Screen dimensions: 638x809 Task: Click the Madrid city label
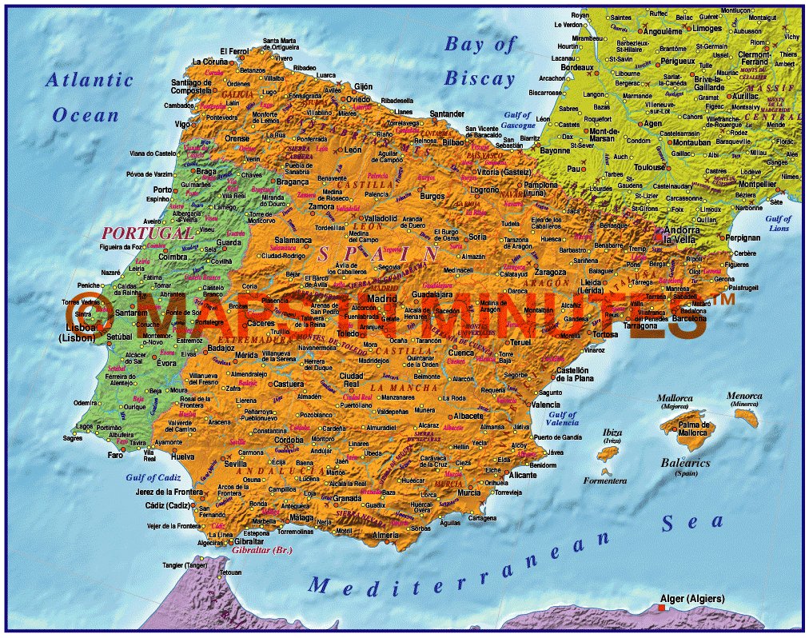(381, 298)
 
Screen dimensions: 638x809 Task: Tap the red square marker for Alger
(661, 609)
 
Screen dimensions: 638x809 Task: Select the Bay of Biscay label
(480, 61)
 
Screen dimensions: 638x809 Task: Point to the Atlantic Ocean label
(88, 97)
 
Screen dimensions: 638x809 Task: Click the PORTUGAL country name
(147, 233)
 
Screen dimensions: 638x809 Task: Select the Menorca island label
(744, 395)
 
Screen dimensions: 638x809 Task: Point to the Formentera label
(604, 480)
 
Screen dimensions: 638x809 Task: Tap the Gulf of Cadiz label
(154, 477)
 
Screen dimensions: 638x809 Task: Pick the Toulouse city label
(650, 168)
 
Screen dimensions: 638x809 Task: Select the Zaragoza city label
(550, 272)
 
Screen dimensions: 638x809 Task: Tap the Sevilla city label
(235, 463)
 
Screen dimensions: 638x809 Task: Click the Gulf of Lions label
(778, 223)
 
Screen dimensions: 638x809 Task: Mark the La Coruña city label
(209, 61)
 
